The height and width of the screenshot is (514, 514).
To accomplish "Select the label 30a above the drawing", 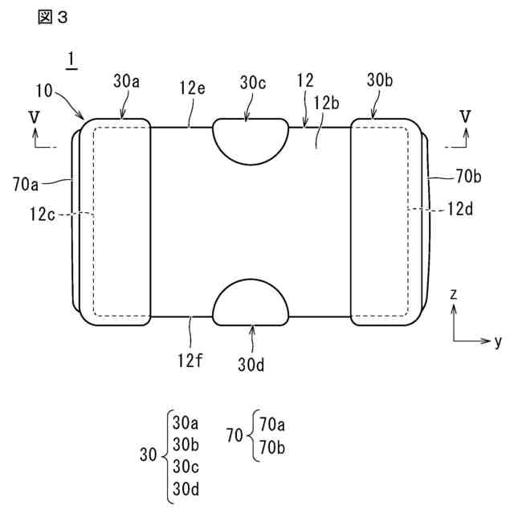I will (x=127, y=81).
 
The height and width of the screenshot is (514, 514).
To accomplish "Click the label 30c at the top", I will (x=253, y=81).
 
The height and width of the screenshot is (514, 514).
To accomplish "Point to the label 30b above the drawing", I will (x=381, y=81).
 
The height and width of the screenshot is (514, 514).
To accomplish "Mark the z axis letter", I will (x=454, y=295).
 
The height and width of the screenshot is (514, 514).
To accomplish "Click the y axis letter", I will (x=498, y=341).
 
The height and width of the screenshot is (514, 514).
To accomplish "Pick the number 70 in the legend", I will (x=235, y=437).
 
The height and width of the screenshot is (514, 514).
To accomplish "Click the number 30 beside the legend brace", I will (x=149, y=455).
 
